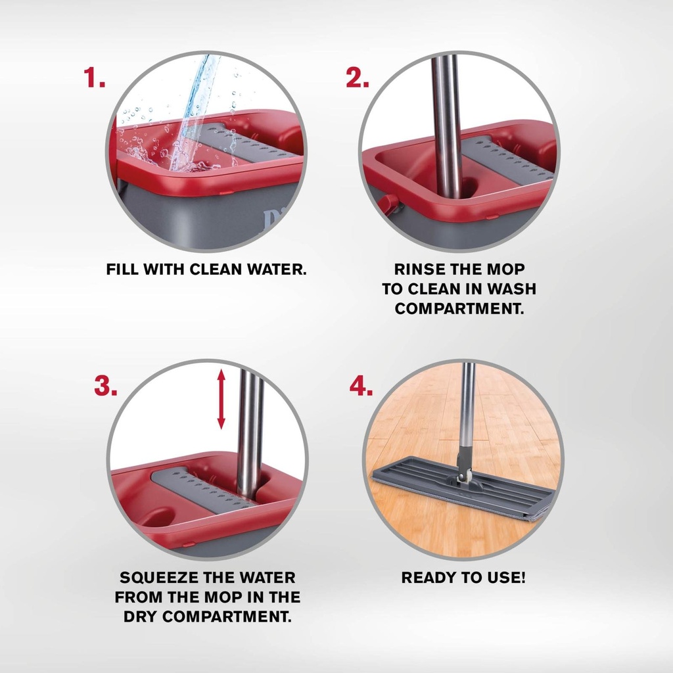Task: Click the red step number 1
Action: click(94, 78)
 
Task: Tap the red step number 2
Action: click(357, 78)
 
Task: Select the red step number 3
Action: click(105, 386)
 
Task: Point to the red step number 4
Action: click(361, 386)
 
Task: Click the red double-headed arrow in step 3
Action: click(221, 400)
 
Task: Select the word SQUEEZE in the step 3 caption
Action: click(158, 578)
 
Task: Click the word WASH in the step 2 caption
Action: click(513, 289)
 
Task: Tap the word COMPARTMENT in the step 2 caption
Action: click(459, 309)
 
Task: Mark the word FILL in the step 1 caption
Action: click(122, 269)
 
